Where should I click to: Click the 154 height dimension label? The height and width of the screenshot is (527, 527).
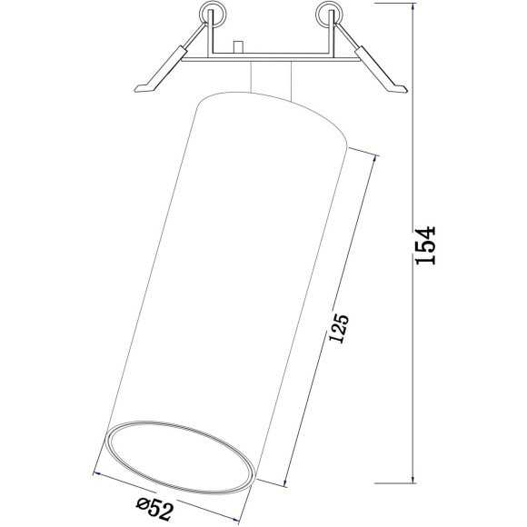coord(426,245)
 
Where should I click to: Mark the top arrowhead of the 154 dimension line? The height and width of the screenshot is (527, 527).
coord(415,5)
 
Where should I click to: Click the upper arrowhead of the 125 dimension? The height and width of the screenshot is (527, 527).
coord(373,155)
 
